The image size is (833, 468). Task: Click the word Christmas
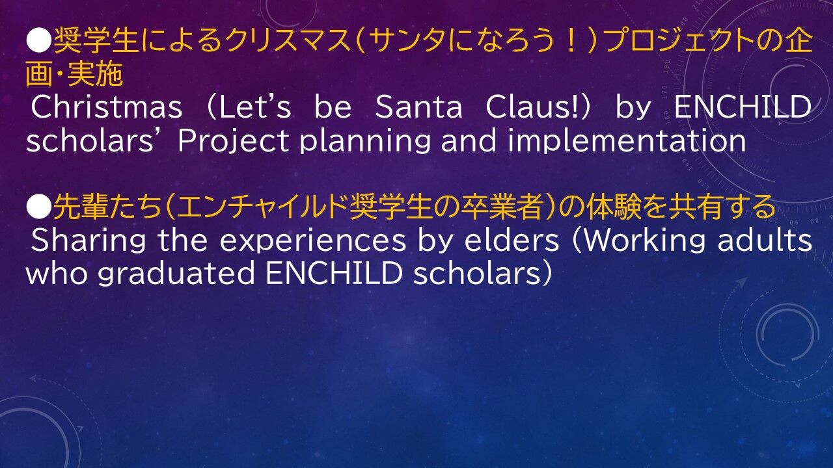tap(107, 107)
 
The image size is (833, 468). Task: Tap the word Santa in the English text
tap(418, 107)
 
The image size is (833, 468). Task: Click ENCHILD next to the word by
tap(743, 107)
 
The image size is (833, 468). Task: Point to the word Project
tap(233, 141)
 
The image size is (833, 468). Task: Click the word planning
tap(365, 141)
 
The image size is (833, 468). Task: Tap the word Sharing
tap(88, 241)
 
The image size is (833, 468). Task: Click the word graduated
tap(176, 274)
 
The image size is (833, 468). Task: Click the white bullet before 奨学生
tap(38, 41)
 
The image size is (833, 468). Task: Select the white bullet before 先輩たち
tap(38, 207)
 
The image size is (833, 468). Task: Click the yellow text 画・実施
tap(74, 74)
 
